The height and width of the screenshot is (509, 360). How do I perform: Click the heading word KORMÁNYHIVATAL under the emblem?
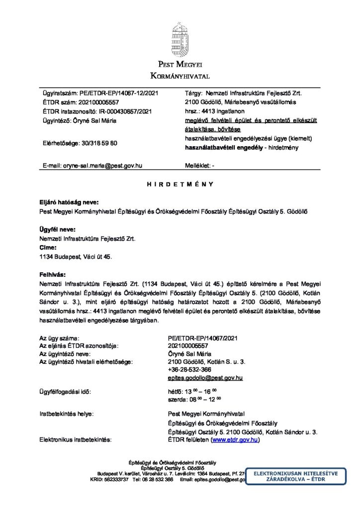180,76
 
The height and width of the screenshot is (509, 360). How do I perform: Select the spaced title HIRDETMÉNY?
180,184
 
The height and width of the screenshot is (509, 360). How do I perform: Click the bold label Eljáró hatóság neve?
69,202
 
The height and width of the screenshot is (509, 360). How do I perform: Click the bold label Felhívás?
52,274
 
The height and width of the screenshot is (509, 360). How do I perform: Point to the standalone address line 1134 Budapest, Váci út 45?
76,256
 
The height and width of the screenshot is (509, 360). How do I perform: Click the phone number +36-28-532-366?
190,370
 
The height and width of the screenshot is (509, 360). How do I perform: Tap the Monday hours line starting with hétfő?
193,392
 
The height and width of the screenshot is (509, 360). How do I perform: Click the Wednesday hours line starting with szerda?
194,399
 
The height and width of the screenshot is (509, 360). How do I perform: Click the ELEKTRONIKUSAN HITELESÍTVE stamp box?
295,477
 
